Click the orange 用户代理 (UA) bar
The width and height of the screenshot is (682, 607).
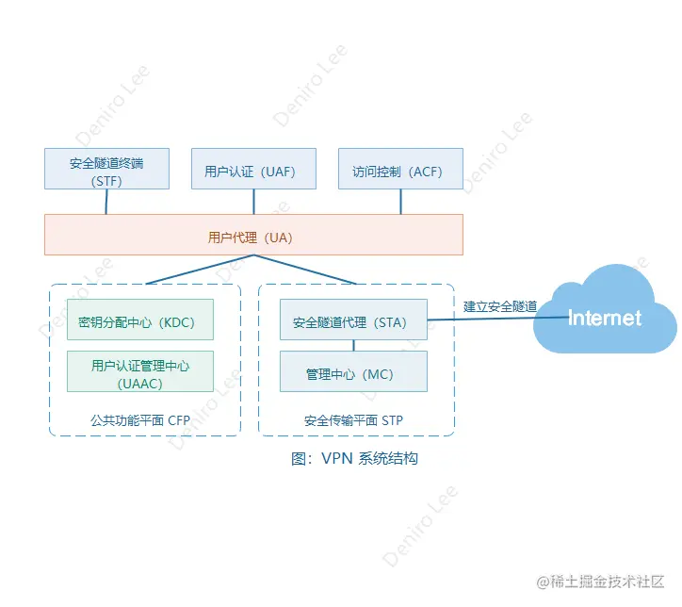[253, 235]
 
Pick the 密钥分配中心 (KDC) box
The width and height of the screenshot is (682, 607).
[140, 321]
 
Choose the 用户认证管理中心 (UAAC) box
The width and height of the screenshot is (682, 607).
[140, 370]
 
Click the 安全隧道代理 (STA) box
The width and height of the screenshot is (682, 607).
[354, 321]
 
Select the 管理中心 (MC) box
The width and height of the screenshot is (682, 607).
[354, 372]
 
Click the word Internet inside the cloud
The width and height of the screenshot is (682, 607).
[605, 318]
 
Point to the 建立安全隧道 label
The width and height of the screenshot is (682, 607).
[500, 306]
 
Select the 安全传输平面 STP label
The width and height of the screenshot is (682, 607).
[353, 420]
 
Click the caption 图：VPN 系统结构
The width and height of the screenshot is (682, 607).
[354, 459]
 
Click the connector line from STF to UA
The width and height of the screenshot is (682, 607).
[106, 201]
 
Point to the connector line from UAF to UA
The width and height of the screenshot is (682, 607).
[253, 201]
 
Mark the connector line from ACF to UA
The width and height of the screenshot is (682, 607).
[400, 201]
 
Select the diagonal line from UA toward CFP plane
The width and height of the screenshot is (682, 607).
[200, 270]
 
